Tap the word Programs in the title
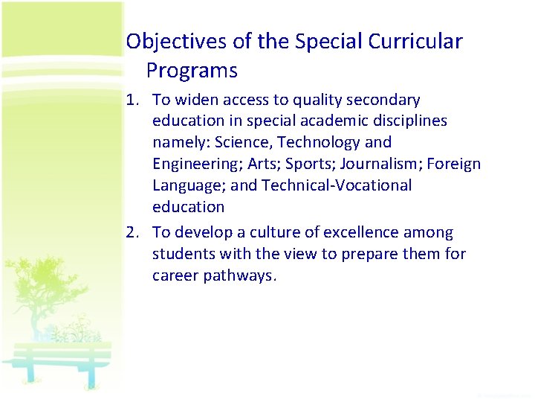(x=192, y=71)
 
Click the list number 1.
(x=131, y=100)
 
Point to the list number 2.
(x=131, y=232)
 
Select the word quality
(x=312, y=100)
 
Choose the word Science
(x=241, y=142)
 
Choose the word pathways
(x=240, y=275)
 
